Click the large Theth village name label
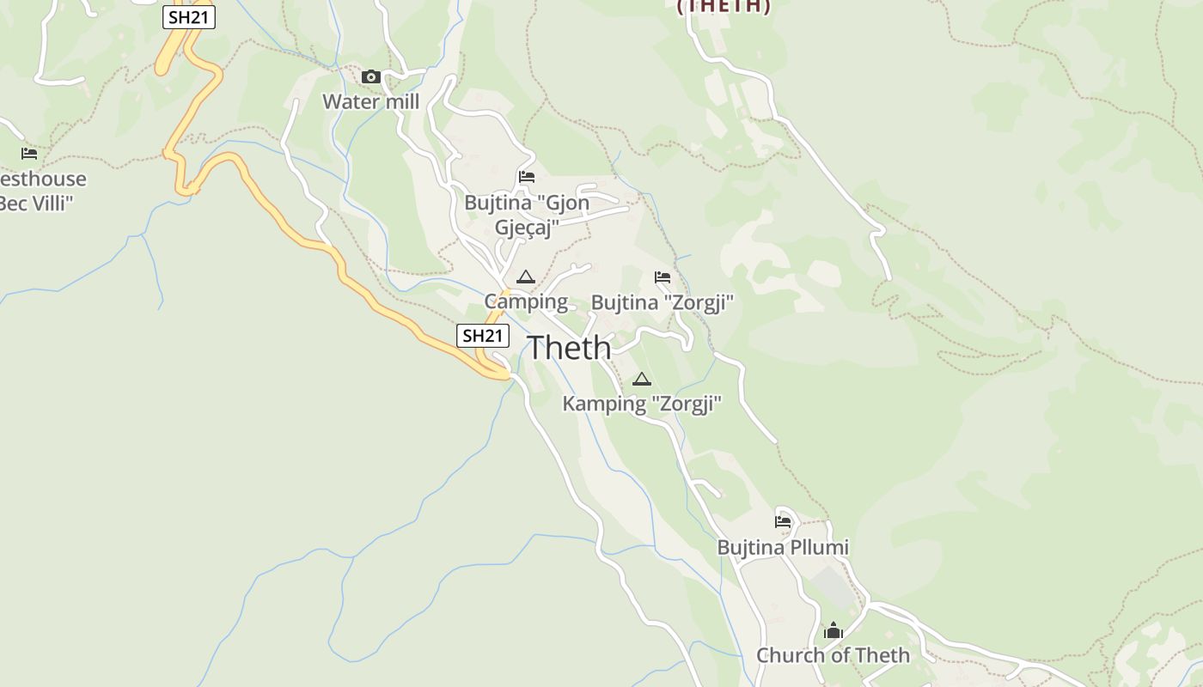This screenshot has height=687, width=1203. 569,348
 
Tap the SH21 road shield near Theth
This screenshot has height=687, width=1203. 482,336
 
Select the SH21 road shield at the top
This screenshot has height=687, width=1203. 189,17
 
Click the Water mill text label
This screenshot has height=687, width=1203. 370,102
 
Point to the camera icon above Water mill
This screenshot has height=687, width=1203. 370,77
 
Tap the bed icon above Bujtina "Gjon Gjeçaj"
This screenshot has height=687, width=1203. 527,177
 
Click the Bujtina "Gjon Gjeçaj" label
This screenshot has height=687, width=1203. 527,215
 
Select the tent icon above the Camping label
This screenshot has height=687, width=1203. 525,277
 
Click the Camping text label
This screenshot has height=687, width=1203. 526,301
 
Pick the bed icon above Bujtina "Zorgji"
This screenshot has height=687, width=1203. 662,277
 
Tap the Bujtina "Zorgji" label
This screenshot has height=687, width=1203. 663,302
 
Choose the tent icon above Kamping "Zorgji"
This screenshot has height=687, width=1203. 641,379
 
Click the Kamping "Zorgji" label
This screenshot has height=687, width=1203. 642,404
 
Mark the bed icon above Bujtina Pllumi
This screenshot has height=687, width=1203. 782,521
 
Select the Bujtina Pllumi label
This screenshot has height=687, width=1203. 783,547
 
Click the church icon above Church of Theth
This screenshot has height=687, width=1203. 833,631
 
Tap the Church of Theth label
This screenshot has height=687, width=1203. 833,655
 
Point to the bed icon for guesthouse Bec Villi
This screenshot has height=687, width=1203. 29,154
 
